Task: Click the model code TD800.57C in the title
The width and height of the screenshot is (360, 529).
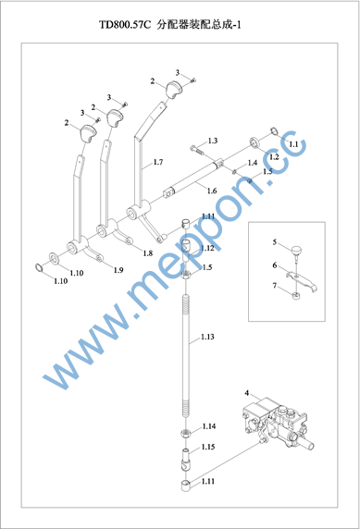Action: point(125,25)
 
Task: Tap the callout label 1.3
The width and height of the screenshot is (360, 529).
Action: point(213,141)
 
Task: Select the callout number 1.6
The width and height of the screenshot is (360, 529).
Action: point(212,191)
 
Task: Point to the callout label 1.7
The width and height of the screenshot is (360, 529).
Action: point(158,162)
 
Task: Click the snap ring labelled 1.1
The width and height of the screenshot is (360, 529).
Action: point(275,131)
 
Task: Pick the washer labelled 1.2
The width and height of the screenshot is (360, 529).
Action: point(255,142)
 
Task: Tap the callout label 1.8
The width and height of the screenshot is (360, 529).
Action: point(147,253)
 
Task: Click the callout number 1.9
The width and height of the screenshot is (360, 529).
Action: point(118,270)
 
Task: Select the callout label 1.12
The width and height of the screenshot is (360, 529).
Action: point(207,248)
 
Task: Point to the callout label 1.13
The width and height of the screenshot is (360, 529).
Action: point(207,337)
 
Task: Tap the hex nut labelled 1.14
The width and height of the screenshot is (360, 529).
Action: point(186,432)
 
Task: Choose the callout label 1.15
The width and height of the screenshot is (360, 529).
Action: point(208,447)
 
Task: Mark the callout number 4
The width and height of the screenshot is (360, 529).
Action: point(247,393)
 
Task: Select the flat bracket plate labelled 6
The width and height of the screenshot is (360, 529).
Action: point(302,281)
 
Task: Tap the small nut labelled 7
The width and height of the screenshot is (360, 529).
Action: point(296,297)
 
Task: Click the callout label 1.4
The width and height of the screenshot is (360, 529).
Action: point(253,163)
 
